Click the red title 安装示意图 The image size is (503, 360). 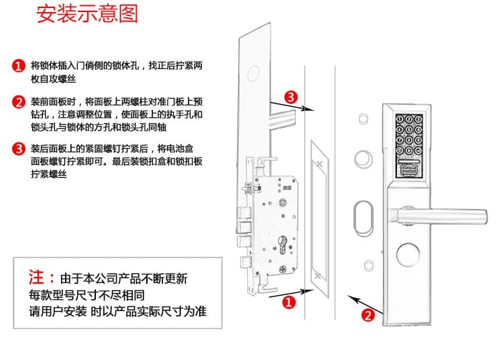(x=87, y=15)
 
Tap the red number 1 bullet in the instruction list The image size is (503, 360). (x=19, y=66)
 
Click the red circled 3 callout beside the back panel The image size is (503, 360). (x=290, y=97)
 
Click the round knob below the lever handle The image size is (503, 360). (x=410, y=256)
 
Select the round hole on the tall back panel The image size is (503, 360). (x=256, y=72)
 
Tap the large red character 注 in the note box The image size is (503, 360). (x=37, y=278)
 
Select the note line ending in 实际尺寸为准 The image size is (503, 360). (x=117, y=312)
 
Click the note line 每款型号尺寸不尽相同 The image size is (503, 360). (x=87, y=295)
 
